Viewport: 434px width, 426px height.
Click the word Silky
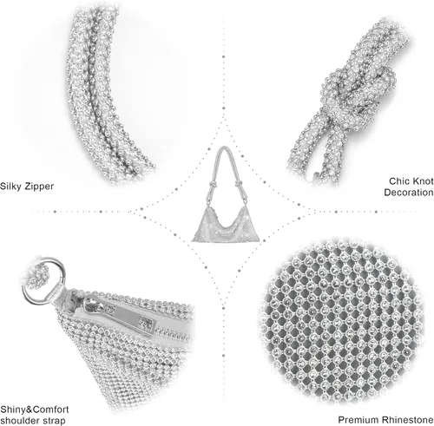pos(10,187)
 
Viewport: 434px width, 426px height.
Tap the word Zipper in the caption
pos(39,187)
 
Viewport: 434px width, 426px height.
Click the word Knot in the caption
pos(422,181)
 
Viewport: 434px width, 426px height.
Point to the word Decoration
pos(409,193)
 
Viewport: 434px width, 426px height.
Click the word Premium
pos(358,420)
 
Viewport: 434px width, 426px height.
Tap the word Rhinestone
pos(407,420)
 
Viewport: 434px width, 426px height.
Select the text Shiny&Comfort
pos(35,410)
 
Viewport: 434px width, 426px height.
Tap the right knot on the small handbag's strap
pos(239,183)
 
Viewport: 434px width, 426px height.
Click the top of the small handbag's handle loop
pos(223,147)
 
